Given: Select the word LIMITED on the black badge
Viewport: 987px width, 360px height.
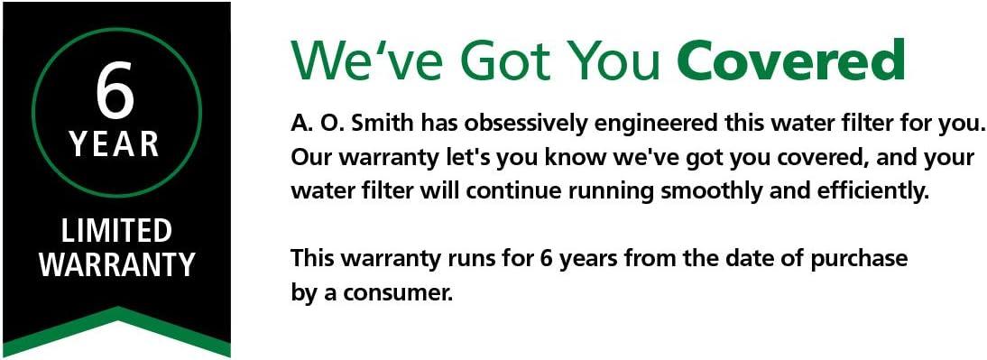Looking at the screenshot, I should pos(116,232).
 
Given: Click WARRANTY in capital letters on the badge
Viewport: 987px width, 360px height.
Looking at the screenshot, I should pos(116,265).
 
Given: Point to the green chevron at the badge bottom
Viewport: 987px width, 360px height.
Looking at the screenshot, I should pos(116,329).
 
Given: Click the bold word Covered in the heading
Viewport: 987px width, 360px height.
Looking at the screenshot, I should pos(790,60).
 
